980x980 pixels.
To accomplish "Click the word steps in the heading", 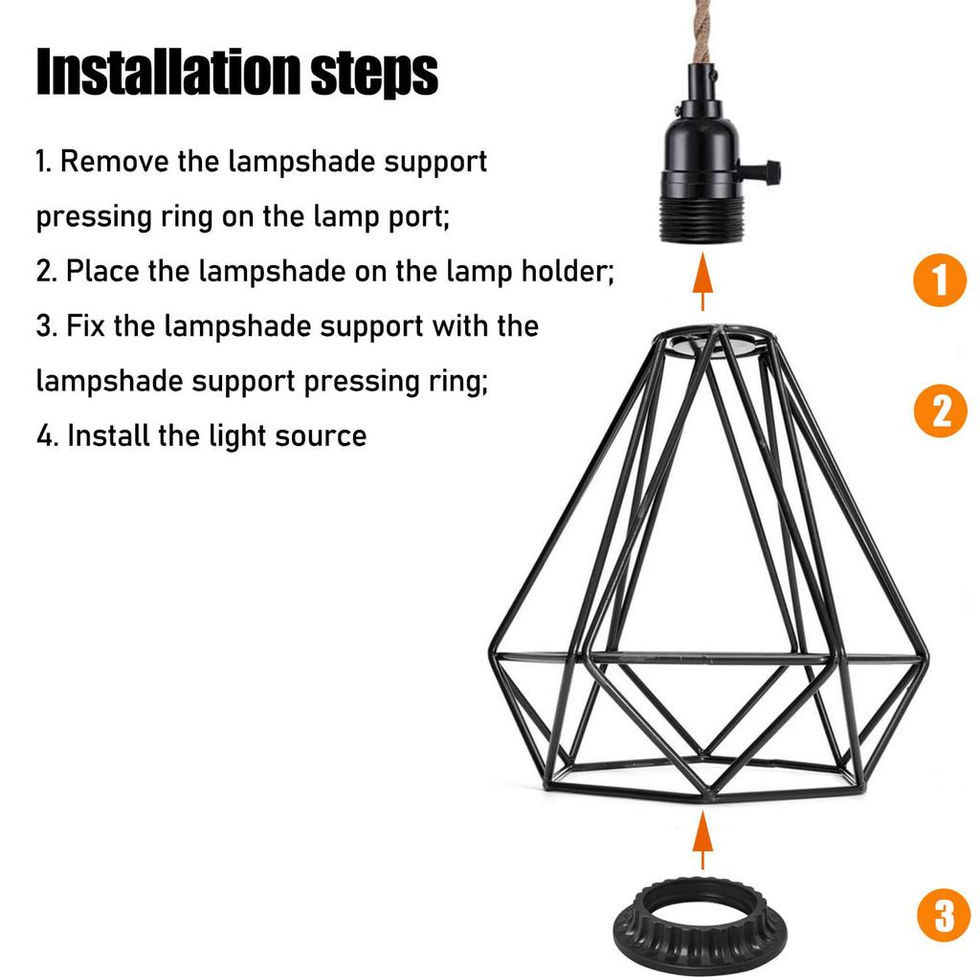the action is (x=374, y=74).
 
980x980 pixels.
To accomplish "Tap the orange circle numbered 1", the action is (x=940, y=280).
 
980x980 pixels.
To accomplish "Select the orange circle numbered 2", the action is (x=941, y=411).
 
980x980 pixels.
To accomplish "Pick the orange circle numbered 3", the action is (x=944, y=915).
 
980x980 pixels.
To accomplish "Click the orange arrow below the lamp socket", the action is (x=703, y=281).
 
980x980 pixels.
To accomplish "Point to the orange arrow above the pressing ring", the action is (x=703, y=839).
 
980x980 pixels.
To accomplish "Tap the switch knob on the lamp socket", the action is (x=761, y=168).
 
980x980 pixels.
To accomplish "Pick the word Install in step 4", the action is (x=107, y=435).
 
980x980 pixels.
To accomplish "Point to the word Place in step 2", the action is (x=102, y=271).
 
